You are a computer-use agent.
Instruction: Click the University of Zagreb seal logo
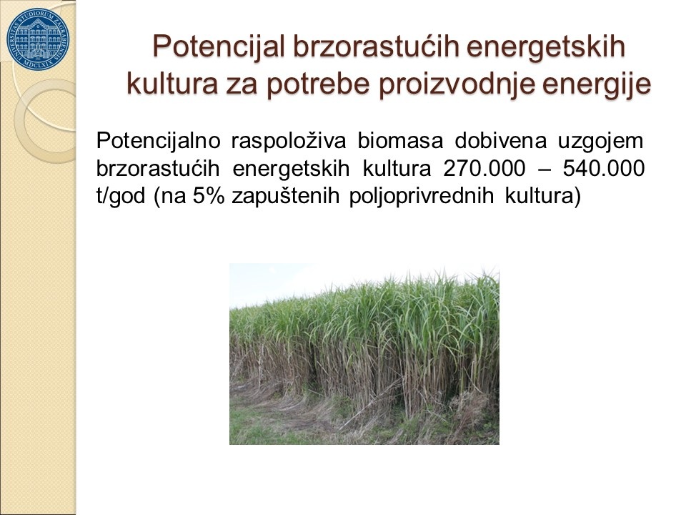38,39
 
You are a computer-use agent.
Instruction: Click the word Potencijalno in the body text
158,141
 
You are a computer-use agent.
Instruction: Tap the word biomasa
400,141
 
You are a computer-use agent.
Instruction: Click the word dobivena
500,141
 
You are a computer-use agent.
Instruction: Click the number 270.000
484,169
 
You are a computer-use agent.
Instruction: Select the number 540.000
604,169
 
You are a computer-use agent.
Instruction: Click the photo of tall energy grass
364,354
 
